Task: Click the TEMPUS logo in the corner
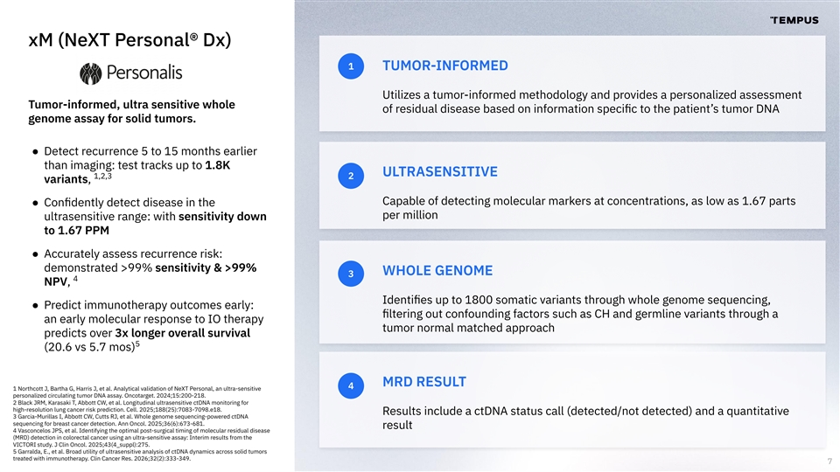[x=794, y=20]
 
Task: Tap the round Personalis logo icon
[x=90, y=73]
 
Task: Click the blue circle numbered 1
[x=351, y=66]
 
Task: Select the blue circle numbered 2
[x=351, y=176]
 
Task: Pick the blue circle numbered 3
[x=351, y=274]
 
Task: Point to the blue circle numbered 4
[x=351, y=385]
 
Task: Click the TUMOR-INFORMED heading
[x=445, y=66]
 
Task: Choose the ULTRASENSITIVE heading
[x=440, y=172]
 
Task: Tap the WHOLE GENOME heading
[x=437, y=271]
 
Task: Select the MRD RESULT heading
[x=424, y=382]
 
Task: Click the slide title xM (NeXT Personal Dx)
[x=129, y=40]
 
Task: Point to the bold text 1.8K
[x=218, y=165]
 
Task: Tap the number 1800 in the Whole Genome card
[x=479, y=300]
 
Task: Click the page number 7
[x=829, y=462]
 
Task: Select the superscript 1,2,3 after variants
[x=103, y=176]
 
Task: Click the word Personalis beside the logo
[x=144, y=73]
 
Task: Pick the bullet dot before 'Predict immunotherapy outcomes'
[x=35, y=306]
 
